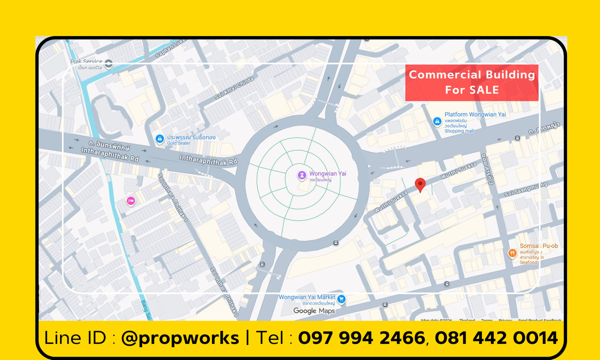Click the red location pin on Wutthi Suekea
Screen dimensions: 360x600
(x=420, y=184)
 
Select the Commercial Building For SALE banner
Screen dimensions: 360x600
(x=471, y=82)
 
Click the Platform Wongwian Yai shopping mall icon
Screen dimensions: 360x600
(x=437, y=121)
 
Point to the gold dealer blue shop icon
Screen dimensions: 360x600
(x=159, y=138)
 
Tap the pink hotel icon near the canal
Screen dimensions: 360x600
(x=130, y=201)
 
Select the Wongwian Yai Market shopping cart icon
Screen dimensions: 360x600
(x=341, y=299)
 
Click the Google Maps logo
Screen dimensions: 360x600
(x=314, y=311)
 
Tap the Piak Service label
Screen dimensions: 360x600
(x=86, y=61)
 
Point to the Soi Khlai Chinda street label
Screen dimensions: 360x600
(x=234, y=89)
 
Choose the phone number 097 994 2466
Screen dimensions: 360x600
(x=361, y=338)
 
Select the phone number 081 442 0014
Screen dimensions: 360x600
(x=496, y=338)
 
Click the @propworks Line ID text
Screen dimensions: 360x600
(x=180, y=338)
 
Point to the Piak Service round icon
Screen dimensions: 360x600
(x=109, y=63)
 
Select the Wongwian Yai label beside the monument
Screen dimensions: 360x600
(x=327, y=173)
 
